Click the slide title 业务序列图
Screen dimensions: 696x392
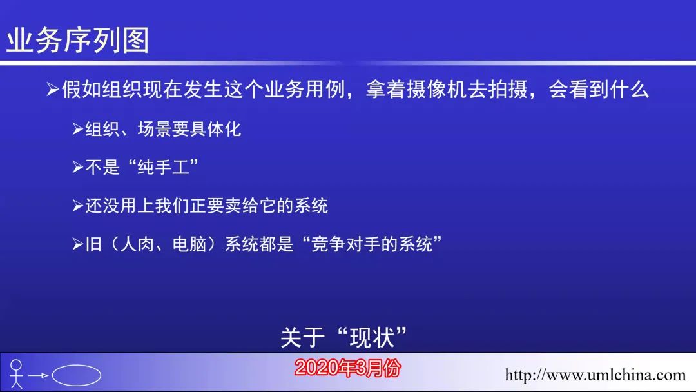coord(78,40)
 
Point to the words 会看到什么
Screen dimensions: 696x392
coord(599,89)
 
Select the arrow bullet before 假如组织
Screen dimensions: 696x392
coord(53,90)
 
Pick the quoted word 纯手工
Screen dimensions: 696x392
coord(163,168)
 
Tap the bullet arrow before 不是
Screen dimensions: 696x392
coord(78,168)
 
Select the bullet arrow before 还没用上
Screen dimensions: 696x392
coord(78,206)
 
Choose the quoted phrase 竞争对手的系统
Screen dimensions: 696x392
coord(372,244)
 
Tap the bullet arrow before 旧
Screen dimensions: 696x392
coord(78,244)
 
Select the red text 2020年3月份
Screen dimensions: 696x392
coord(347,368)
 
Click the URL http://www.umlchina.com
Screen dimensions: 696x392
coord(595,375)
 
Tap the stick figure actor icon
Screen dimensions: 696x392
coord(16,374)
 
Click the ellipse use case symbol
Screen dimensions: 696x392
coord(76,375)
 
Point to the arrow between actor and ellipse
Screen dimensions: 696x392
coord(38,376)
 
